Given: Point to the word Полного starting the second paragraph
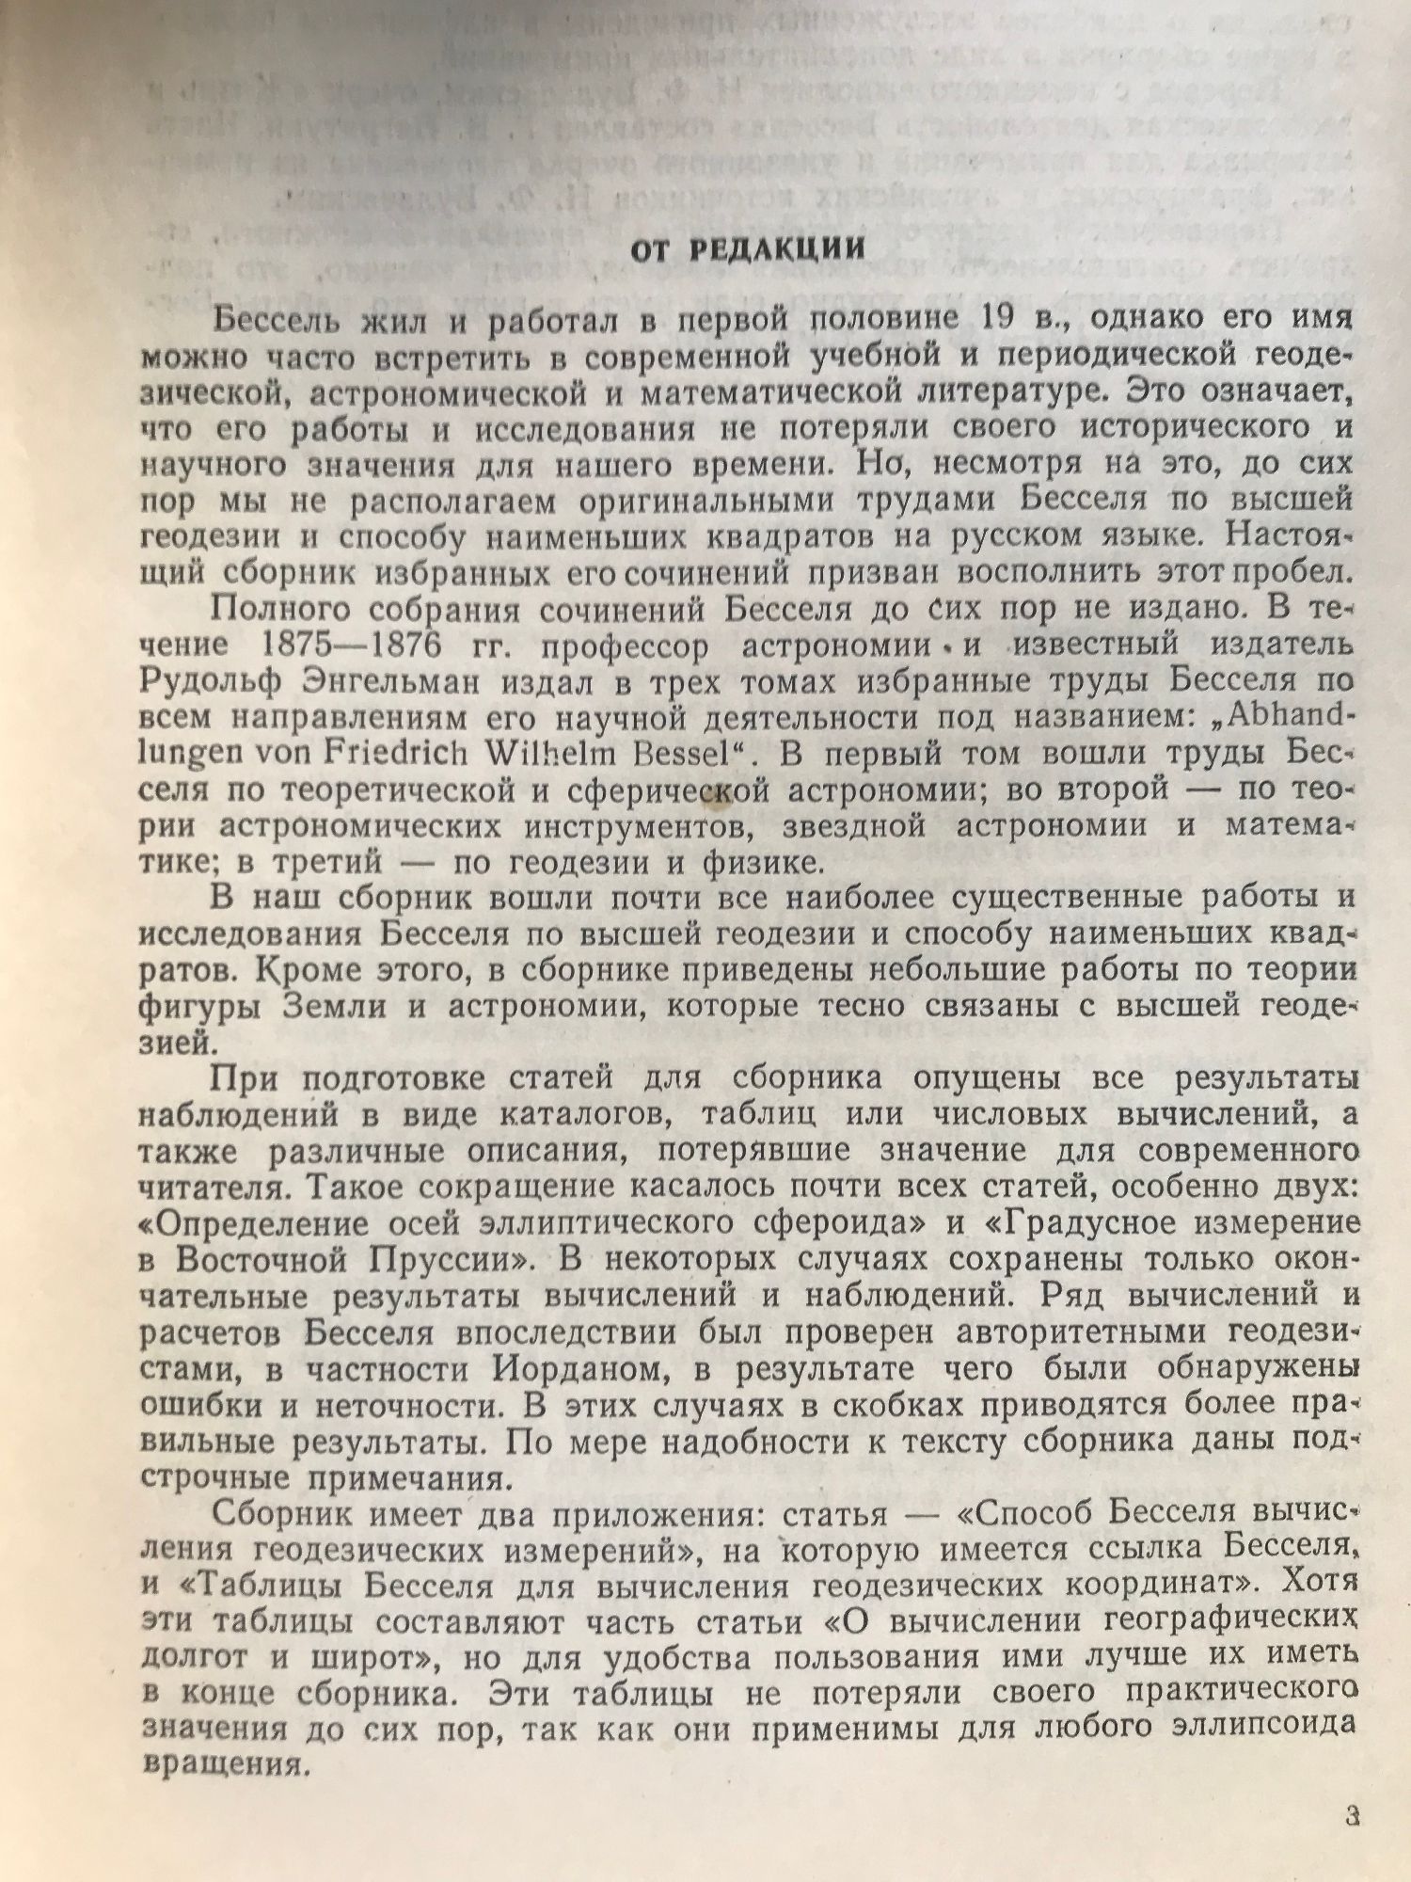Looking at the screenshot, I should tap(284, 610).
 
